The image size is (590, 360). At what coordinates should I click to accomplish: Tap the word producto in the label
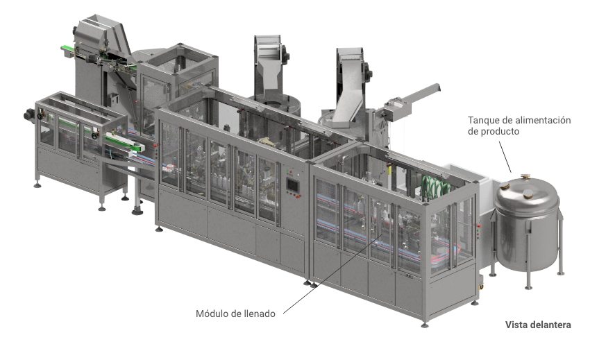tap(501, 132)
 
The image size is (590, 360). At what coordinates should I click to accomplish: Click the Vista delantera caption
tap(538, 325)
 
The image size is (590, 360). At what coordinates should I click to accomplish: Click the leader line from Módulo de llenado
tap(333, 273)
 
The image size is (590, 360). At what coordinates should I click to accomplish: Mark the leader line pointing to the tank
tap(505, 157)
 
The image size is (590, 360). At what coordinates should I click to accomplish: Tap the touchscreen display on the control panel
tap(292, 185)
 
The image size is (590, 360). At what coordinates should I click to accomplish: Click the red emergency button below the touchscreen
tap(298, 196)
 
